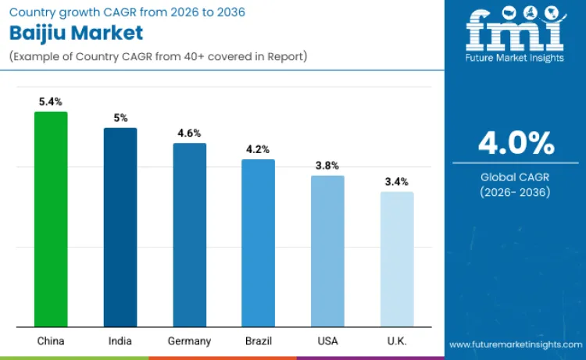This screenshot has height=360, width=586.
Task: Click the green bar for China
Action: tap(51, 219)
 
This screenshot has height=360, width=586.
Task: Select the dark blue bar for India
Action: tap(120, 227)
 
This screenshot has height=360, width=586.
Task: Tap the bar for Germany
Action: tap(189, 235)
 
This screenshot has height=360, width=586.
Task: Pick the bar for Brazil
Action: tap(258, 243)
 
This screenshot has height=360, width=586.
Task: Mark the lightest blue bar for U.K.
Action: tap(397, 259)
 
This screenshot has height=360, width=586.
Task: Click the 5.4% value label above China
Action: tap(51, 102)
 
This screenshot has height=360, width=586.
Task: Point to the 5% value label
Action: tap(120, 118)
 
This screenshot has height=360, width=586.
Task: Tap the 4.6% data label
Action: tap(189, 134)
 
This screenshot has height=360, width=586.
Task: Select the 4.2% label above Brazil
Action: tap(258, 149)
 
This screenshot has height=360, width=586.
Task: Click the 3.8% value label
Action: tap(327, 166)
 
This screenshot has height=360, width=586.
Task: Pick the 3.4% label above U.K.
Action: tap(397, 182)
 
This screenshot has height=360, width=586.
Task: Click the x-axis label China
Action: tap(51, 341)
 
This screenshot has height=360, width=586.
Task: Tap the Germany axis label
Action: tap(189, 341)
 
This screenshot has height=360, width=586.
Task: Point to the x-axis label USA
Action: tap(327, 341)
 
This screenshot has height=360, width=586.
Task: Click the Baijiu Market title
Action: tap(76, 33)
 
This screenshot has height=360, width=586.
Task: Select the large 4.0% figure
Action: tap(516, 144)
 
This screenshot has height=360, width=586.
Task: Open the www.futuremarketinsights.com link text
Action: tap(515, 344)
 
